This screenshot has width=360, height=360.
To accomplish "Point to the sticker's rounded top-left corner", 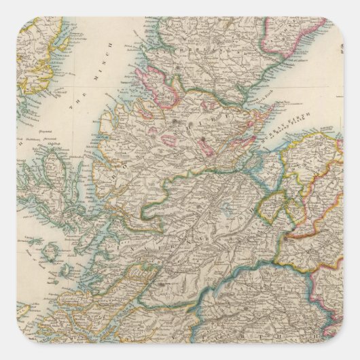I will point(20,20).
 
